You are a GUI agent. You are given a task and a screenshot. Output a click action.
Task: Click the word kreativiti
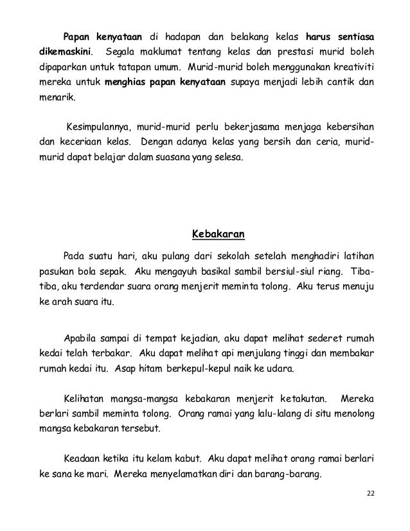coord(354,67)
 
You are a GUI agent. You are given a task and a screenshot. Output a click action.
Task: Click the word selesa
coord(228,159)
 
